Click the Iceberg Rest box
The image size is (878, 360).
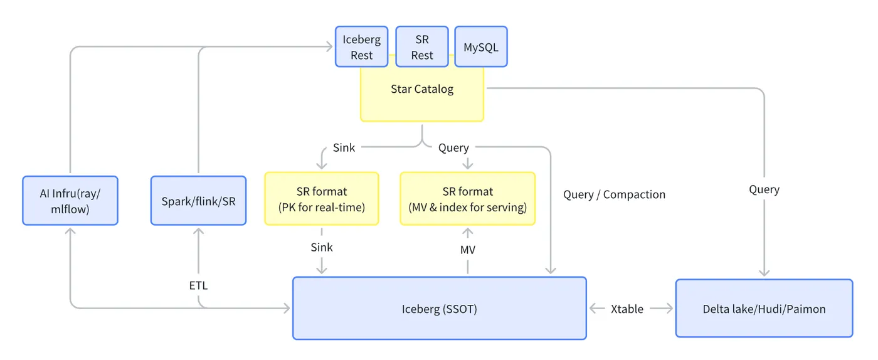(x=361, y=46)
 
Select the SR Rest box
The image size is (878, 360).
(x=421, y=46)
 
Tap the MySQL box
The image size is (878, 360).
(x=481, y=46)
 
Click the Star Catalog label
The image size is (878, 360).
(x=422, y=89)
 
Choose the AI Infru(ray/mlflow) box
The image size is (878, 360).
(x=70, y=201)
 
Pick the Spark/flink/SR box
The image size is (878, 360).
(x=198, y=201)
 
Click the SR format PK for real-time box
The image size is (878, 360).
(x=322, y=198)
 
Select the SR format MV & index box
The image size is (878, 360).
(x=468, y=198)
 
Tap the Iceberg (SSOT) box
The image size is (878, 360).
(x=440, y=308)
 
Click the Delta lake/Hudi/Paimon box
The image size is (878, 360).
(x=764, y=308)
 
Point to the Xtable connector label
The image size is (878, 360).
(x=627, y=309)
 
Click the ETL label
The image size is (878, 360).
(x=198, y=285)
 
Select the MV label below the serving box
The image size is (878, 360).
(x=468, y=250)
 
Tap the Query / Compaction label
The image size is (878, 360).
(x=614, y=194)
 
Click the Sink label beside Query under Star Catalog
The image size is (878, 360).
(x=344, y=148)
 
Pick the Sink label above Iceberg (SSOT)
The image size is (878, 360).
(x=321, y=248)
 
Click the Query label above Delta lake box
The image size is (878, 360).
(x=764, y=190)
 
